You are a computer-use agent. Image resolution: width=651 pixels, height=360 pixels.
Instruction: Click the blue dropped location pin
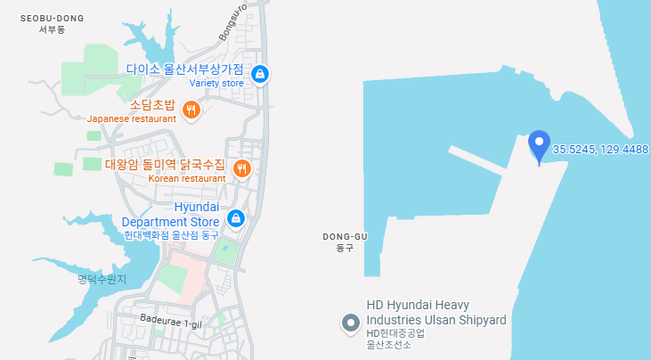coord(538,144)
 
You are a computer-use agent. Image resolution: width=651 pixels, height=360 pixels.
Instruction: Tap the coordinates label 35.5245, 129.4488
coord(600,149)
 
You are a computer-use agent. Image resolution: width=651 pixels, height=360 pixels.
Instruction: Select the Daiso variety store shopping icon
coord(259,74)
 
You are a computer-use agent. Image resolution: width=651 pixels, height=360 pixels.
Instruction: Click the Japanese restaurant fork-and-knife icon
coord(191,110)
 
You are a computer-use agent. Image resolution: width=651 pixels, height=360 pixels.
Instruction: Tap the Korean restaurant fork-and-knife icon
coord(240,168)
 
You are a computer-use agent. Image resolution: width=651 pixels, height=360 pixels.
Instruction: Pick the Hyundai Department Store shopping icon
coord(235,218)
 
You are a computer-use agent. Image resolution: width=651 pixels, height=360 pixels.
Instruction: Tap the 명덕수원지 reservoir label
coord(102,279)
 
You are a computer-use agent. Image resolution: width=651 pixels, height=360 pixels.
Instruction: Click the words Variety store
coord(216,84)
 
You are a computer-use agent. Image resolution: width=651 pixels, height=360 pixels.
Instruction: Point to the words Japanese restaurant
coord(132,119)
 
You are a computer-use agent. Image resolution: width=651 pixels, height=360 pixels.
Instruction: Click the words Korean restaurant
coord(187,178)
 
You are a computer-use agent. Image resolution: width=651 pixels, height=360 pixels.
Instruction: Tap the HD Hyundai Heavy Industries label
coord(436,312)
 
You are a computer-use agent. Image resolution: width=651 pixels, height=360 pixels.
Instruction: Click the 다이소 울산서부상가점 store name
coord(184,69)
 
